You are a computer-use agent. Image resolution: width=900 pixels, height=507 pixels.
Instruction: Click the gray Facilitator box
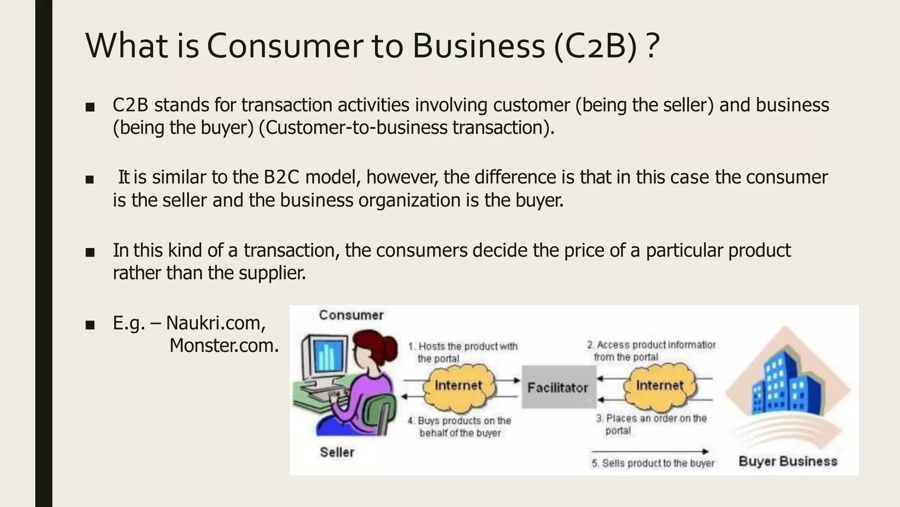(558, 387)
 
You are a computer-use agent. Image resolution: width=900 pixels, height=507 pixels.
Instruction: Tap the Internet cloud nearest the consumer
(459, 386)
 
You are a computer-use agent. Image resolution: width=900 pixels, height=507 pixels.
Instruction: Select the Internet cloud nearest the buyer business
(660, 386)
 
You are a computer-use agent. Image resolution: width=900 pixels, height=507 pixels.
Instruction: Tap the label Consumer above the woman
(351, 315)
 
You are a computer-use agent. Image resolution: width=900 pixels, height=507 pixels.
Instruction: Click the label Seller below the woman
(337, 452)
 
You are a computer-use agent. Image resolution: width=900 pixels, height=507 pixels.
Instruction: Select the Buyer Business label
(788, 461)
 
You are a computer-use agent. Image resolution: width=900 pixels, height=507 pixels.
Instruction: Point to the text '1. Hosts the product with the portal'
(463, 353)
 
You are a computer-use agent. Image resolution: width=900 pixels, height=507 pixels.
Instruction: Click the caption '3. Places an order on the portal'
(651, 424)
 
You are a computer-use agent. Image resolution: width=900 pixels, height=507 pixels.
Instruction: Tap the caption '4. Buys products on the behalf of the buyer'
(460, 427)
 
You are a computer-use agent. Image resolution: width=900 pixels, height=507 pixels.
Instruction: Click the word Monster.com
(224, 345)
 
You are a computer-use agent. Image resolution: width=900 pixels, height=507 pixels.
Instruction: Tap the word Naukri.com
(216, 323)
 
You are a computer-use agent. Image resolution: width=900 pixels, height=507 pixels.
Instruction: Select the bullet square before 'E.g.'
(90, 325)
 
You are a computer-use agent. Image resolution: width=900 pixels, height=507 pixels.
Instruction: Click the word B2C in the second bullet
(281, 177)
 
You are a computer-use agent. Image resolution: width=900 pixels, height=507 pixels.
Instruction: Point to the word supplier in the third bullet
(272, 273)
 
